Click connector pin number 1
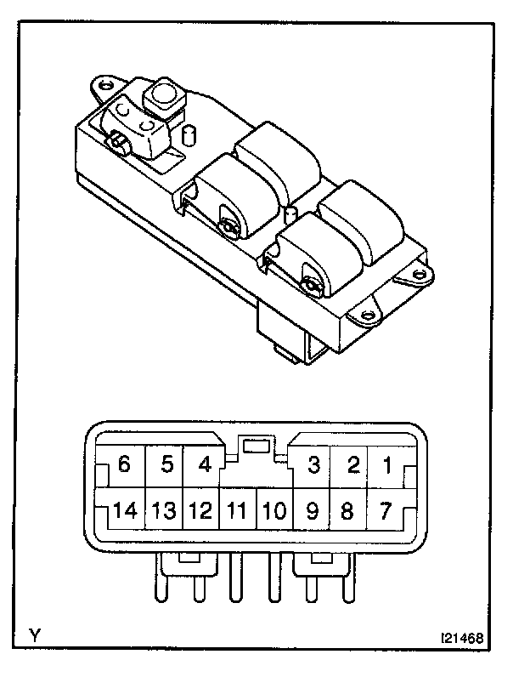[x=386, y=465]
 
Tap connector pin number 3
[x=314, y=465]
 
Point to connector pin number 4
[x=204, y=465]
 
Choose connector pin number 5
[x=166, y=465]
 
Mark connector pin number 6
[x=125, y=465]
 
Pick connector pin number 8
[x=347, y=512]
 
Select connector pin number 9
[x=311, y=512]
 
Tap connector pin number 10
[x=273, y=512]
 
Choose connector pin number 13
[x=164, y=512]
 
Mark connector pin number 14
[x=124, y=512]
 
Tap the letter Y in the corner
[x=35, y=635]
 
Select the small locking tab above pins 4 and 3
[x=256, y=444]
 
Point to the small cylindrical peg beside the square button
[x=190, y=135]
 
